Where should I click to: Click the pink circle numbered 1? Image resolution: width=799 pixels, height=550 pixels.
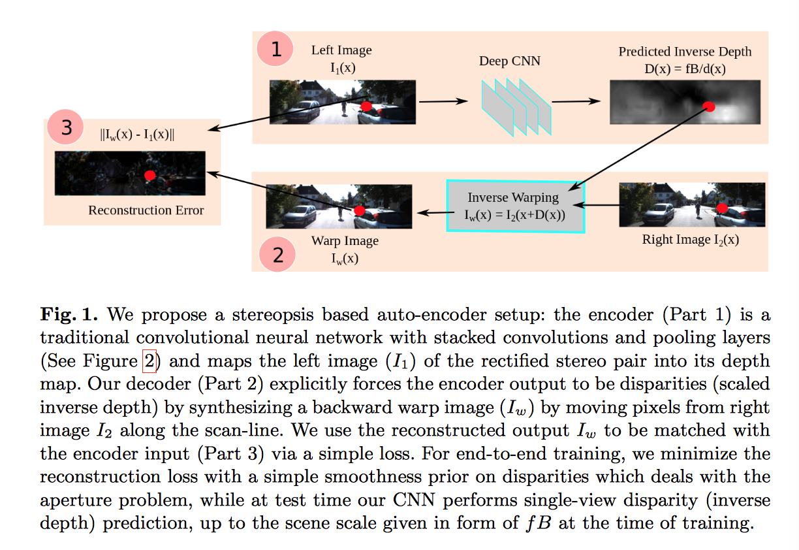coord(277,50)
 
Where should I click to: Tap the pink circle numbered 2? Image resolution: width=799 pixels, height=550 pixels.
coord(279,254)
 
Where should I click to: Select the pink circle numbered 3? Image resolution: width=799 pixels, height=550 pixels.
coord(67,128)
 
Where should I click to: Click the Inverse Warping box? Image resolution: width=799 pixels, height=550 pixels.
coord(515,206)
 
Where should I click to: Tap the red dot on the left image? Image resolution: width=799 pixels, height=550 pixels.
coord(366,106)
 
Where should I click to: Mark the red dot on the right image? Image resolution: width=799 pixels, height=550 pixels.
coord(721,208)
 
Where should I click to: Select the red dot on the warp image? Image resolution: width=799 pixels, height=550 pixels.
coord(359,210)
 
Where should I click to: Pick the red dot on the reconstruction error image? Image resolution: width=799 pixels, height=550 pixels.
coord(149,175)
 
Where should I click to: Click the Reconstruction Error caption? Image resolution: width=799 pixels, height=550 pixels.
coord(146,210)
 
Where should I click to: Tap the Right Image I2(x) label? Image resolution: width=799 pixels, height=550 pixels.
coord(691,240)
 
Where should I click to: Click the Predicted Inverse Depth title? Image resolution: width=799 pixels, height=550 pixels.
coord(685,52)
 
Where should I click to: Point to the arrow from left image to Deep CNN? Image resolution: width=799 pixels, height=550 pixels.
coord(443,101)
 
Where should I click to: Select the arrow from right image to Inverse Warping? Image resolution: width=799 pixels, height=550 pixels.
coord(601,205)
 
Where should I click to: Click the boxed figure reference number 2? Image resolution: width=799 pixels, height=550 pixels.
coord(148,361)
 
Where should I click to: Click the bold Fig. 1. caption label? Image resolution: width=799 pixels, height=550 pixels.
coord(69,315)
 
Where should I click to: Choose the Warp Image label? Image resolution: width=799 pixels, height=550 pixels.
coord(345,241)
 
